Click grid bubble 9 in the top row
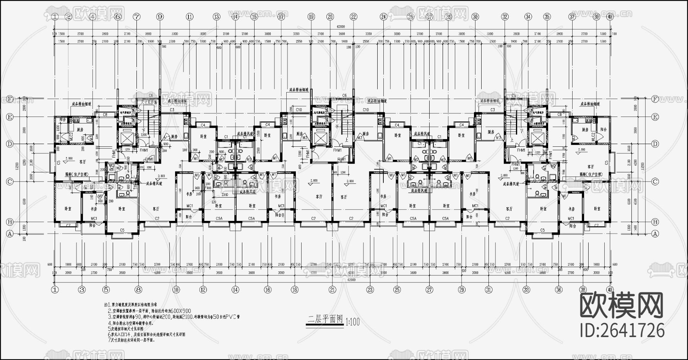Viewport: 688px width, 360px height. (160, 16)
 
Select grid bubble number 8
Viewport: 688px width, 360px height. (138, 290)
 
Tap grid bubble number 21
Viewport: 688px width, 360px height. (332, 290)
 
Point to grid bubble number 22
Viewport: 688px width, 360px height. (353, 16)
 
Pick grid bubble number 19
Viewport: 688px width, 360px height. (311, 16)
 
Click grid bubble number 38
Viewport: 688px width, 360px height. (583, 290)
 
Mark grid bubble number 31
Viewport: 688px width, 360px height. (488, 290)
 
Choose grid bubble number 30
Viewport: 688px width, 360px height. (475, 16)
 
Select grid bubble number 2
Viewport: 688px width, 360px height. (68, 16)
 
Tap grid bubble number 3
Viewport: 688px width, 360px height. (82, 290)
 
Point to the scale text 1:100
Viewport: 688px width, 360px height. (352, 322)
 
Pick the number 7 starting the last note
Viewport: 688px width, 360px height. (109, 339)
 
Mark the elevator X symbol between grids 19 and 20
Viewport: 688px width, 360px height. (320, 137)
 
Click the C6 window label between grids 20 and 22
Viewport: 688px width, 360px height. (344, 96)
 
